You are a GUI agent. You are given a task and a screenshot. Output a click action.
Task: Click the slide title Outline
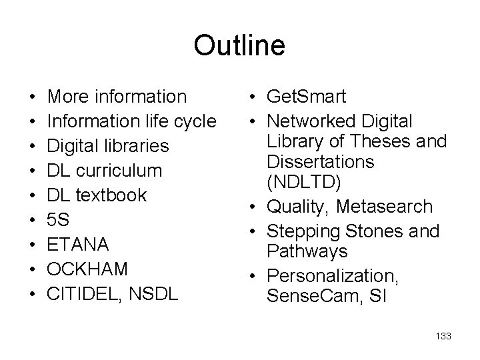pyautogui.click(x=239, y=46)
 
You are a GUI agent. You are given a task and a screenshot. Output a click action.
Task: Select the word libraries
pyautogui.click(x=136, y=146)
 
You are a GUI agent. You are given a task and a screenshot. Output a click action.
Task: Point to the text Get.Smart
pyautogui.click(x=306, y=97)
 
